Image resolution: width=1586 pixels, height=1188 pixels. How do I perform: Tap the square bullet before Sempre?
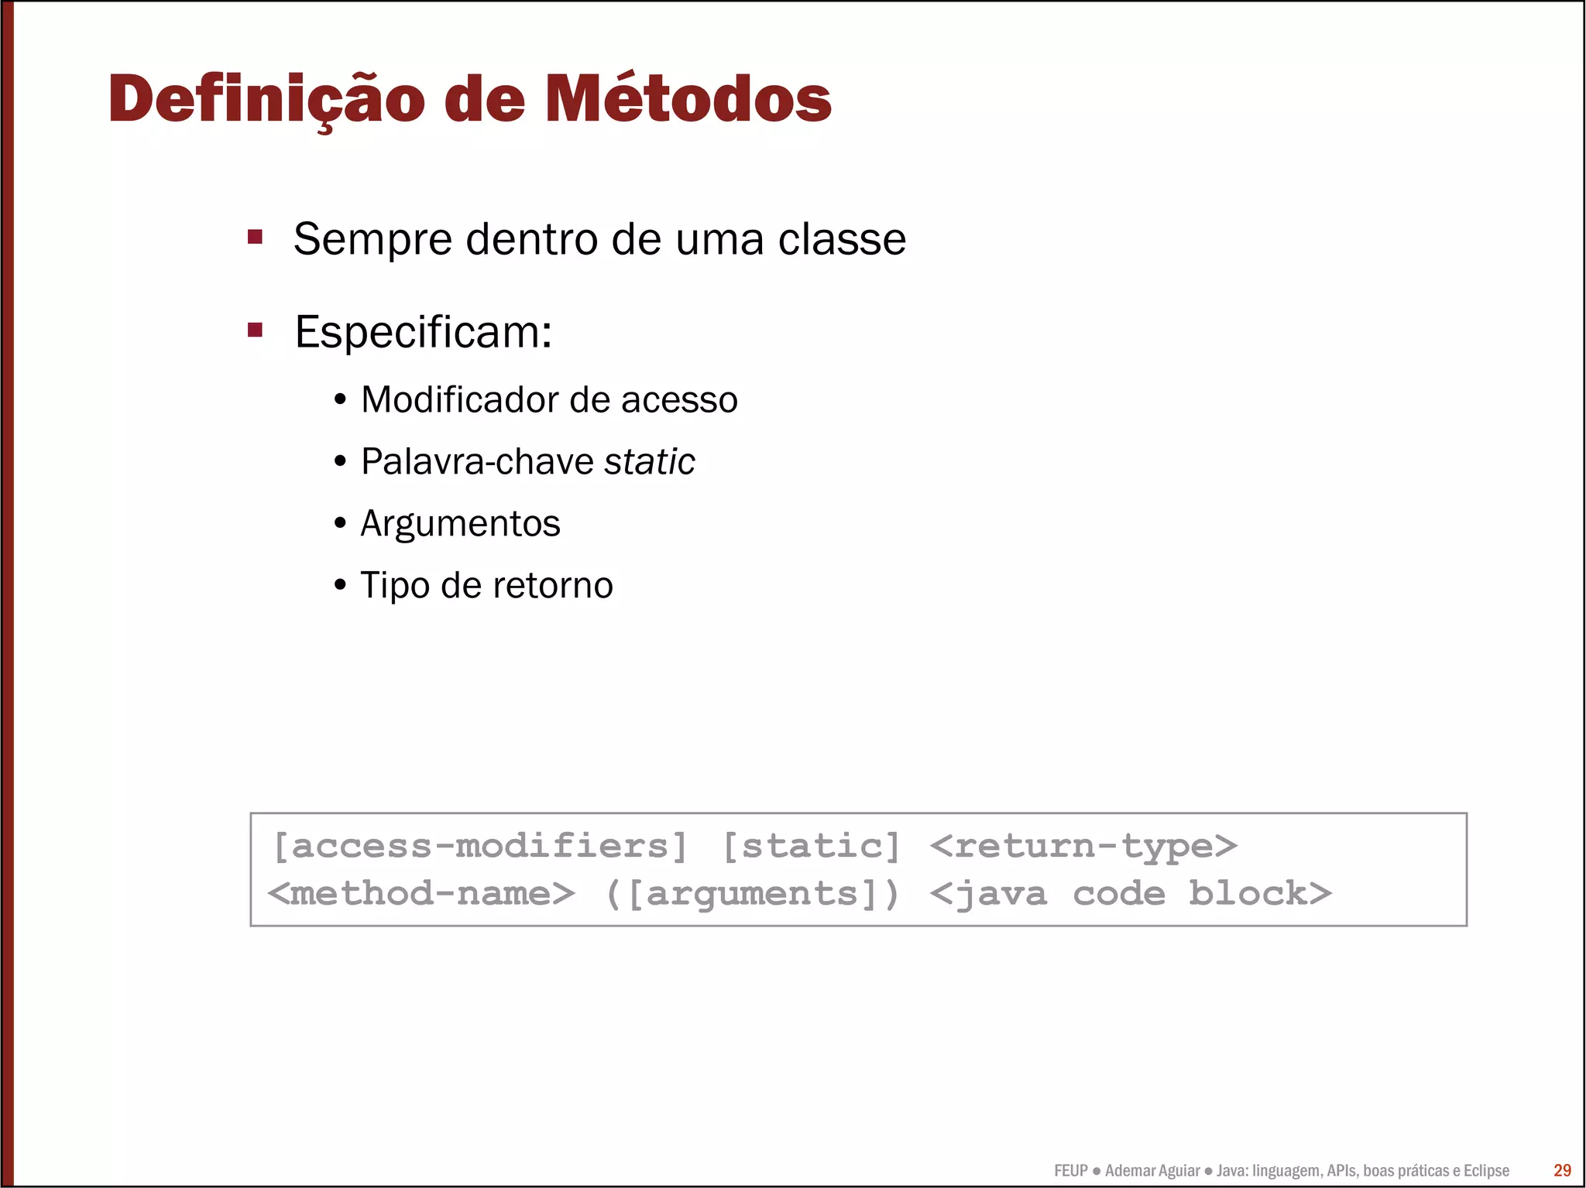click(x=255, y=236)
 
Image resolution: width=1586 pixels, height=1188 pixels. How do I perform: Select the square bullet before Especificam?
click(x=255, y=330)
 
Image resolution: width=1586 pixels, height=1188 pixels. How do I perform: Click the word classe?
click(x=842, y=239)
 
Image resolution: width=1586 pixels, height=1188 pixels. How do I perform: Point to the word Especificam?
click(x=423, y=333)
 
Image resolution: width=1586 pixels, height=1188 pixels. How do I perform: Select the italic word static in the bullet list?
click(x=649, y=462)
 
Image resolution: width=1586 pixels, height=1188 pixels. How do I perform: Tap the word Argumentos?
click(x=460, y=524)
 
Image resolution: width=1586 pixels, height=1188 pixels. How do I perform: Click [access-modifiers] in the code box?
click(x=480, y=846)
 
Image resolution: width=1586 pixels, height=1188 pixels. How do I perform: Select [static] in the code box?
click(x=812, y=846)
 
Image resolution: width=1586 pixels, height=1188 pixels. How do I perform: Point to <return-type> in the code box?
click(x=1083, y=846)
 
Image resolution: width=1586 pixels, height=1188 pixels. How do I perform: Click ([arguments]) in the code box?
click(x=752, y=894)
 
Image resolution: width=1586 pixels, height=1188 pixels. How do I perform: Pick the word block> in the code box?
click(x=1260, y=894)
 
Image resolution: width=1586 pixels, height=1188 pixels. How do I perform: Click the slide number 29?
click(x=1562, y=1170)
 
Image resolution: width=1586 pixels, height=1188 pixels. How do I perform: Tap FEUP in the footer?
click(x=1071, y=1170)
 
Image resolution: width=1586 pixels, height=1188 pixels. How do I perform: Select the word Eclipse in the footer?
click(x=1486, y=1170)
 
